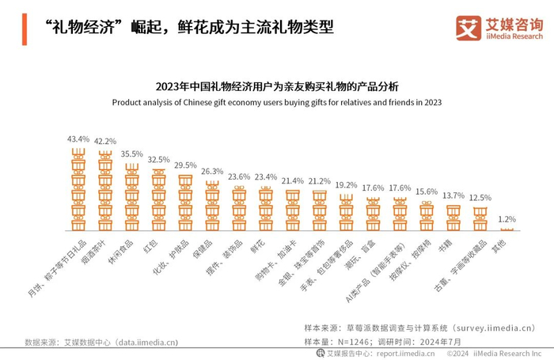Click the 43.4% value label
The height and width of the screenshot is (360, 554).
78,138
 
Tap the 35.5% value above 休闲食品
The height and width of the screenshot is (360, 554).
132,153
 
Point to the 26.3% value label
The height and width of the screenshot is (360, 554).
212,171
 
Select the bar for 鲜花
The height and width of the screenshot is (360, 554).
266,208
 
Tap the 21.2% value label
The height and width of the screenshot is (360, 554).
320,181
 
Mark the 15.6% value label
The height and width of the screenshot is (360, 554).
427,192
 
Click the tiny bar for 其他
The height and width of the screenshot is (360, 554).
507,229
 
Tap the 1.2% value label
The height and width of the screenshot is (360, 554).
507,218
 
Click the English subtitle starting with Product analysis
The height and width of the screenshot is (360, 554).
277,102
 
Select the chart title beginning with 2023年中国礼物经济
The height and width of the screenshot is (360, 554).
277,86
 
